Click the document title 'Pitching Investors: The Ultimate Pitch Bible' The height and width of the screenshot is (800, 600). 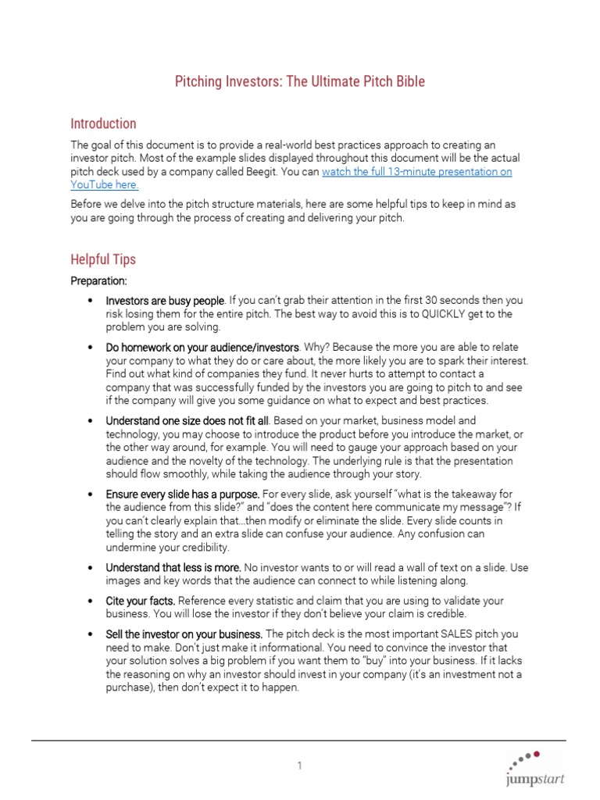pyautogui.click(x=300, y=82)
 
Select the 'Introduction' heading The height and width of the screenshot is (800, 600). pyautogui.click(x=103, y=123)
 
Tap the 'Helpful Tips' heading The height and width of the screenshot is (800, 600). pyautogui.click(x=103, y=259)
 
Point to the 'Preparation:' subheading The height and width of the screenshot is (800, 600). pyautogui.click(x=98, y=280)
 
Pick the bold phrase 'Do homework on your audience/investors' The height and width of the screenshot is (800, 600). pyautogui.click(x=202, y=347)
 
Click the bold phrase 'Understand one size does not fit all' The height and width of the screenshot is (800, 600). pyautogui.click(x=187, y=420)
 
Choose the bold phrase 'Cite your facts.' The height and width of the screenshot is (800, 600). pyautogui.click(x=141, y=601)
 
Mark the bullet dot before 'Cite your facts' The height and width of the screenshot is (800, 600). pyautogui.click(x=91, y=602)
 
